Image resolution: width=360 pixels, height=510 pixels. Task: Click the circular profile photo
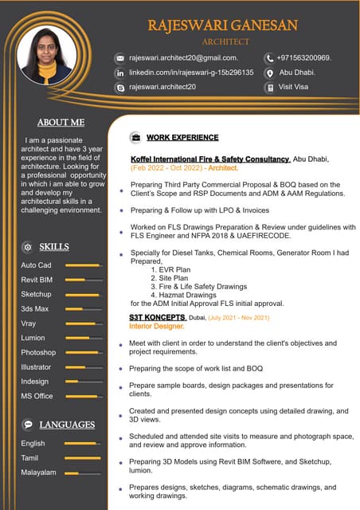coord(46,55)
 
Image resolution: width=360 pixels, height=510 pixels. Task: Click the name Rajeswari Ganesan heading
coord(223,25)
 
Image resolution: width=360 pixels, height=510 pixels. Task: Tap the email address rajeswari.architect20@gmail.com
coord(183,57)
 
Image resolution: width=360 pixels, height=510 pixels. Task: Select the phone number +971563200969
coord(304,57)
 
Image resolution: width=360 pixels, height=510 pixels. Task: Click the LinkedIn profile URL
coord(191,72)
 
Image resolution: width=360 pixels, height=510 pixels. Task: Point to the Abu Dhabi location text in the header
coord(296,72)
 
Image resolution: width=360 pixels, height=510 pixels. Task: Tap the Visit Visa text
coord(293,86)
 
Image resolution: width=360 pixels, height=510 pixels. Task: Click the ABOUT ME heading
coord(61,123)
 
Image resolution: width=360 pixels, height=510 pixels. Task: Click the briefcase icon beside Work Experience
coord(135,138)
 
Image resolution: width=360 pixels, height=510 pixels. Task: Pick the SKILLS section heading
coord(53,246)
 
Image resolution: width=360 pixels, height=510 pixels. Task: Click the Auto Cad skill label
coord(36,265)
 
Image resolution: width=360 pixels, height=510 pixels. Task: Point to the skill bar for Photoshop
coord(83,352)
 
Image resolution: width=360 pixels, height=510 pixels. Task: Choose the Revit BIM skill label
coord(37,280)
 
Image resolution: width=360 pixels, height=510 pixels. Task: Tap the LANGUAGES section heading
coord(67,425)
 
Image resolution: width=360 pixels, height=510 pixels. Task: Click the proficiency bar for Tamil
coord(83,458)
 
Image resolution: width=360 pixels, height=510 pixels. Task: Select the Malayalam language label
coord(38,473)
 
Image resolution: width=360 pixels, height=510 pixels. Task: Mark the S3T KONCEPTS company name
coord(158,317)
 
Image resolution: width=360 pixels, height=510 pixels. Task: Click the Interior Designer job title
coord(157,327)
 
